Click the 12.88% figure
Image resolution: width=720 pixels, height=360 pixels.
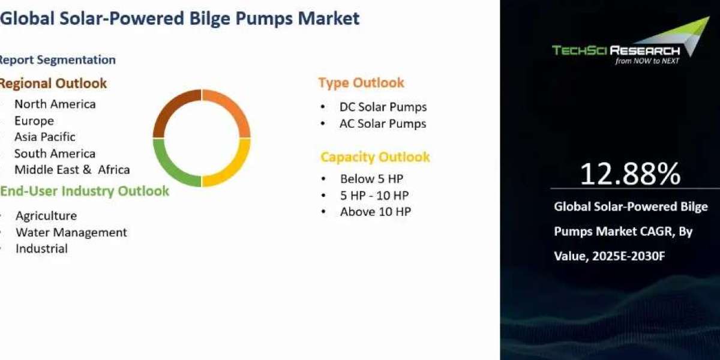(x=631, y=174)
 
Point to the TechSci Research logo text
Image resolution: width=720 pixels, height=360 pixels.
(x=616, y=50)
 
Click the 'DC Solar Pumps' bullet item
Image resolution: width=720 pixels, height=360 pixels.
(x=383, y=107)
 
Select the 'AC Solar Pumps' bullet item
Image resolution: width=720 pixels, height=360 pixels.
(x=383, y=124)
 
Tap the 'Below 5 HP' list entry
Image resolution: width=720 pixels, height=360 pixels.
(x=371, y=179)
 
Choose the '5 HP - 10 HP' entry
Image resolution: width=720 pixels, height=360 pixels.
(x=374, y=196)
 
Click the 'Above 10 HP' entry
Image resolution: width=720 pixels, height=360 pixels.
(x=376, y=212)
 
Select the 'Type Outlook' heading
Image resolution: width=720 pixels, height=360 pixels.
(x=361, y=83)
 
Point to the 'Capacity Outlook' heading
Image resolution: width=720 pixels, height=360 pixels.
(x=375, y=157)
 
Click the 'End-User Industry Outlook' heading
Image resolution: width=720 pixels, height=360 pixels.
(x=85, y=191)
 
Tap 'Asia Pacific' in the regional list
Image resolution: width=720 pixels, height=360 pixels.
(x=45, y=137)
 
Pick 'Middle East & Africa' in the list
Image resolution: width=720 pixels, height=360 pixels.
(x=73, y=170)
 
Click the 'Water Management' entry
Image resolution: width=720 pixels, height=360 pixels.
(x=71, y=232)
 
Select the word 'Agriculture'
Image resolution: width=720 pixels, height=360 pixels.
(x=46, y=216)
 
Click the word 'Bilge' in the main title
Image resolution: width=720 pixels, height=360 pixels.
(x=209, y=19)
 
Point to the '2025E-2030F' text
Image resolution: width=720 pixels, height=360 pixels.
(x=628, y=256)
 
